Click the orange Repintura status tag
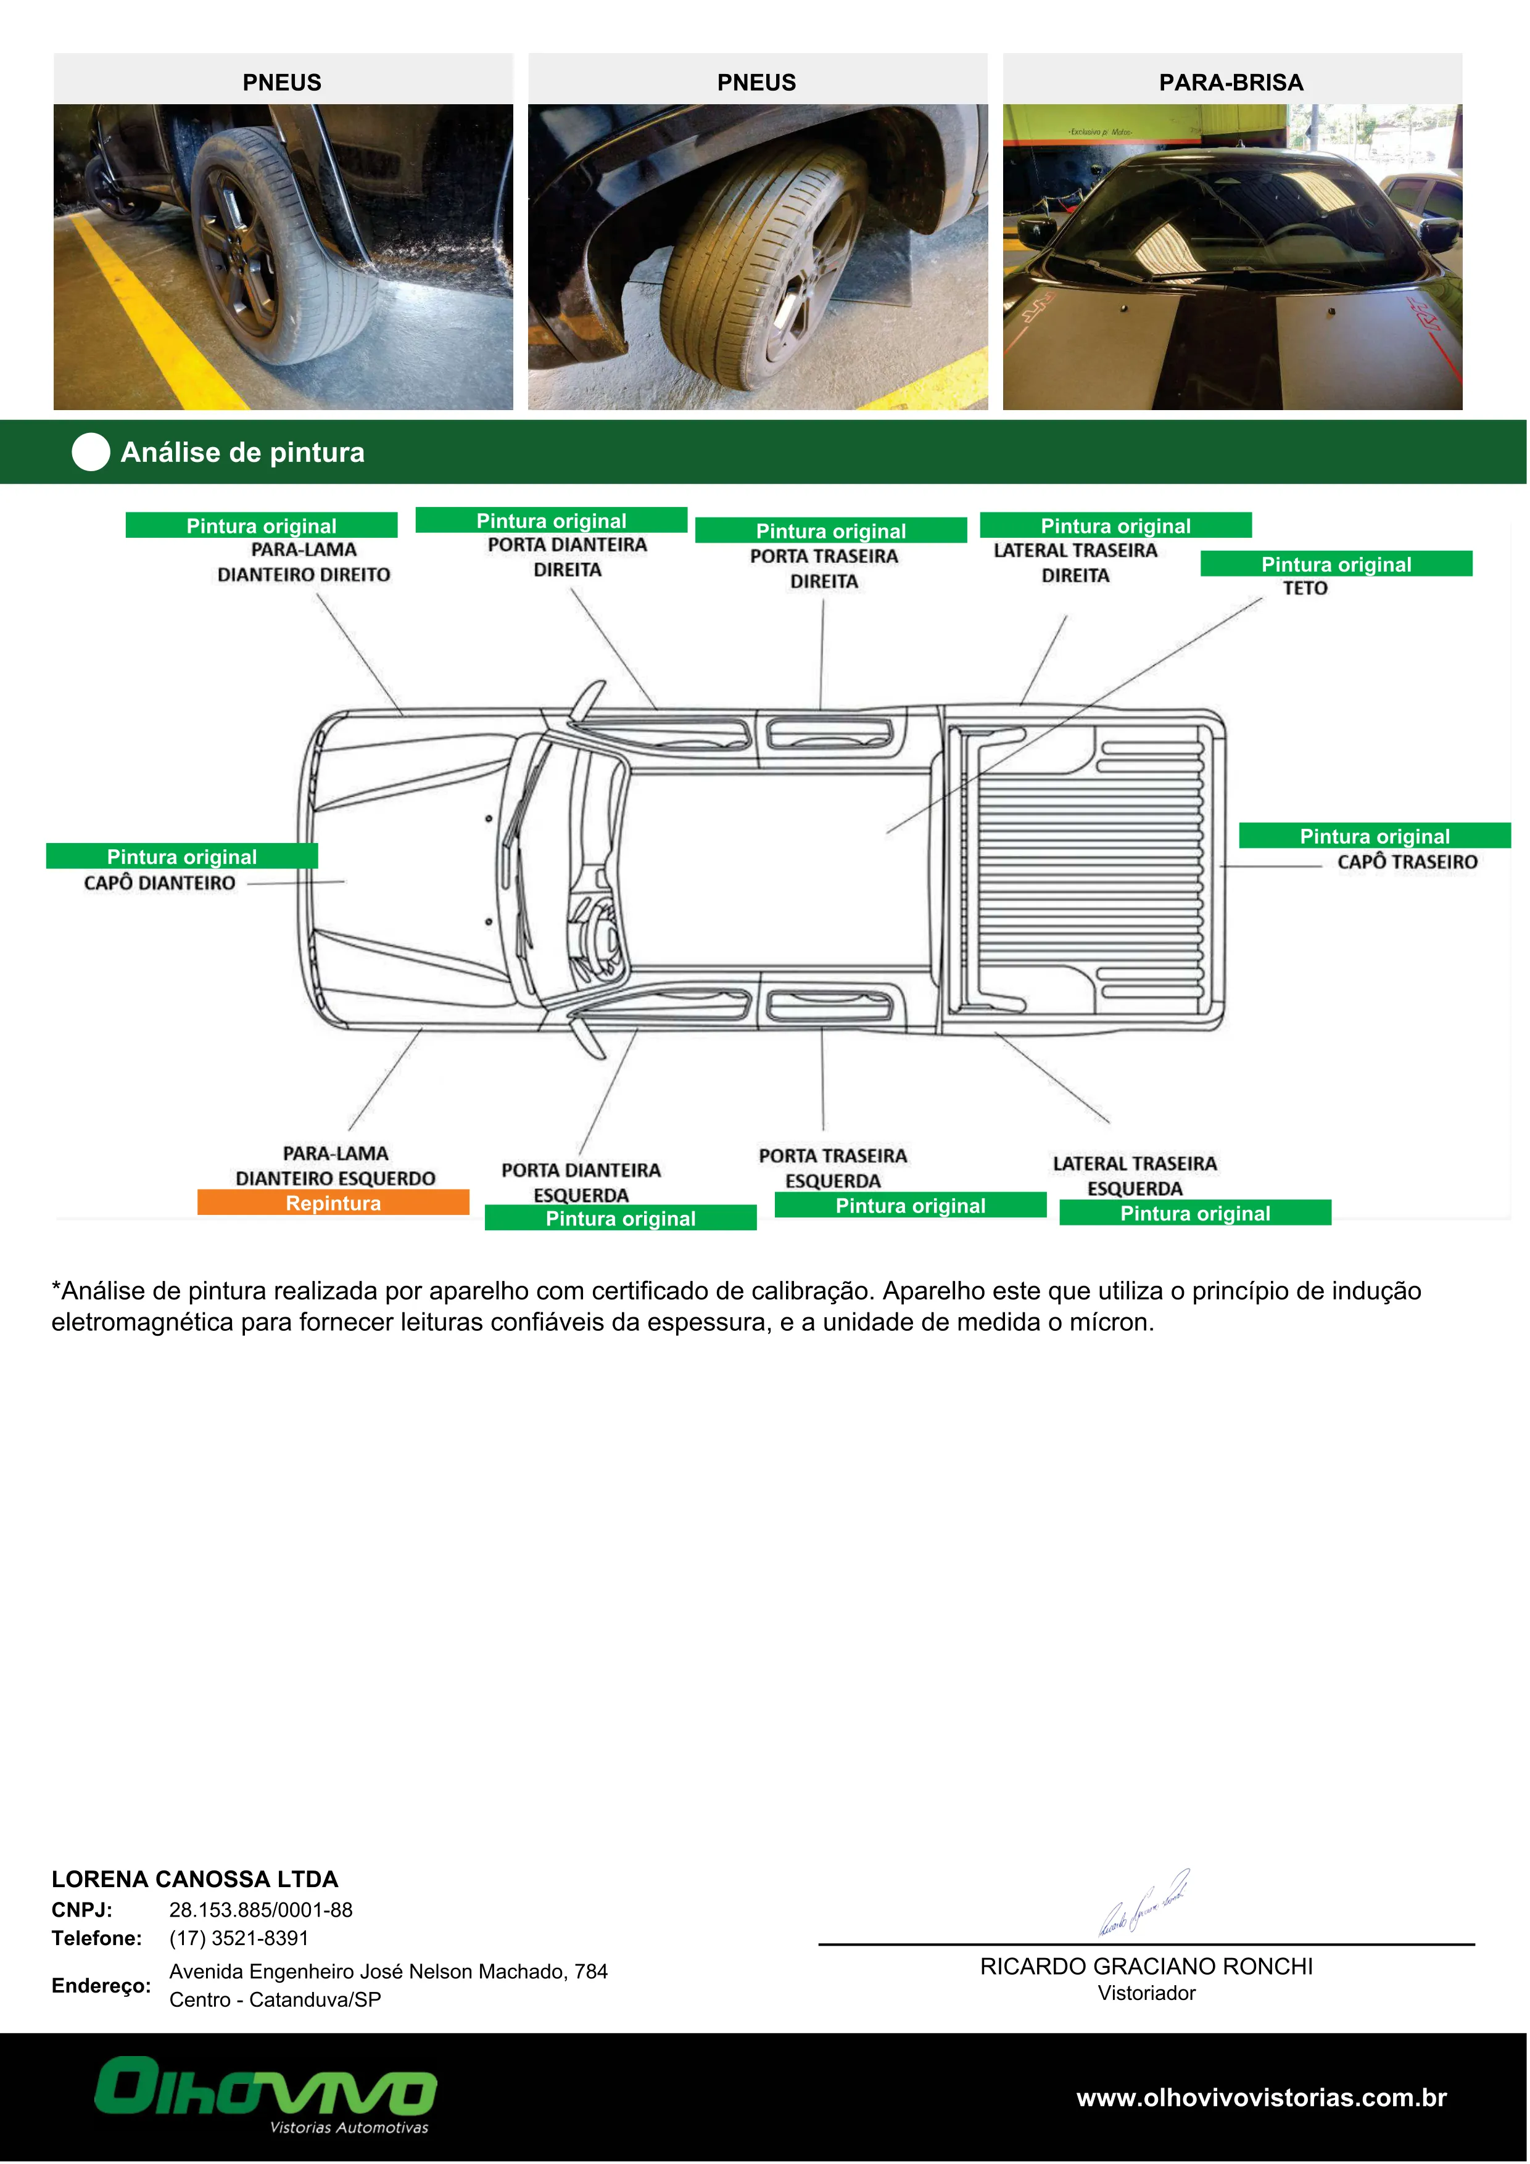tap(333, 1203)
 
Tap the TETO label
tap(1305, 588)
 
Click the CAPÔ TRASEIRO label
tap(1407, 862)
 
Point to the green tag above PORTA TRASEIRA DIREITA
tap(830, 530)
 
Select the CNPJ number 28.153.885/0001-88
tap(261, 1909)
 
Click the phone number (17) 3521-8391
tap(239, 1938)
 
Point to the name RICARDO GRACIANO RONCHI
tap(1146, 1966)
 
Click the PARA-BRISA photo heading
tap(1231, 82)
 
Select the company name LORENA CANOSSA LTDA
tap(194, 1879)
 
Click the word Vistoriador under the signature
tap(1146, 1993)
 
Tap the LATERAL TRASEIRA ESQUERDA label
tap(1135, 1175)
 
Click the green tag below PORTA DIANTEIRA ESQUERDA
tap(620, 1218)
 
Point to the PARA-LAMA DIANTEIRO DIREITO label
tap(304, 562)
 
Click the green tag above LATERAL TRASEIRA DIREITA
tap(1115, 525)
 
